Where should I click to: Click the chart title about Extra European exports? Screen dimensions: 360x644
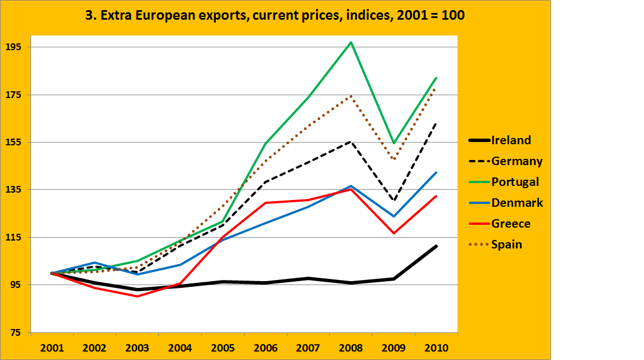(x=274, y=15)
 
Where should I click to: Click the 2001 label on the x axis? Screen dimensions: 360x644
(x=52, y=347)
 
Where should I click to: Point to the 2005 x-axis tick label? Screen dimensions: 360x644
(x=223, y=347)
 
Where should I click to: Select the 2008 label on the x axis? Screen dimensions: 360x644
(x=351, y=347)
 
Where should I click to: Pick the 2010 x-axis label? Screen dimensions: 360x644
(x=436, y=347)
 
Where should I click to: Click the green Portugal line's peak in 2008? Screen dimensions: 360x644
(x=351, y=42)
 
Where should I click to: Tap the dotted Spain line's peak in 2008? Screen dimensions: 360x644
(x=351, y=96)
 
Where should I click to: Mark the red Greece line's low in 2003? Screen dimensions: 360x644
(x=137, y=296)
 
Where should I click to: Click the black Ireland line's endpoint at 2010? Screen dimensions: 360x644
(x=436, y=246)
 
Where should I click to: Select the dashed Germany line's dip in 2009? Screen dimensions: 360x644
(x=394, y=201)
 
